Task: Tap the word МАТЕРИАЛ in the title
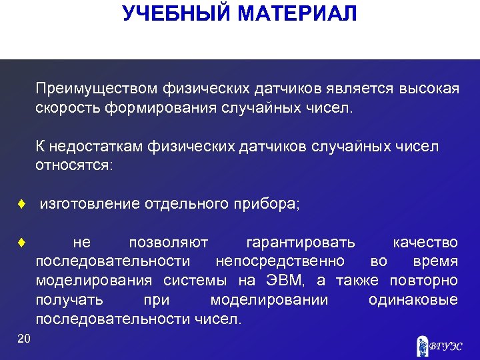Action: point(298,13)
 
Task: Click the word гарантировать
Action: point(301,243)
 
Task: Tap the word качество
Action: point(425,243)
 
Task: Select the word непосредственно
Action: point(280,261)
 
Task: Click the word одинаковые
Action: point(413,300)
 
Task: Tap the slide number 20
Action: point(24,339)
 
